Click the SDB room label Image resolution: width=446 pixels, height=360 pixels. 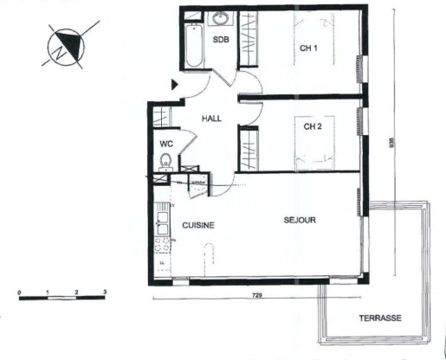click(220, 48)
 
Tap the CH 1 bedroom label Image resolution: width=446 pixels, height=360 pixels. click(309, 48)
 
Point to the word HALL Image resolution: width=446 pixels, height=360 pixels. click(212, 119)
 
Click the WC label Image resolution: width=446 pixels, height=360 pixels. click(166, 145)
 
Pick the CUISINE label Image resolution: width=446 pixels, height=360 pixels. click(197, 225)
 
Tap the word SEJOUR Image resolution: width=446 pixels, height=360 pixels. click(300, 220)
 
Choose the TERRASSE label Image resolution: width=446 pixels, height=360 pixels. click(379, 318)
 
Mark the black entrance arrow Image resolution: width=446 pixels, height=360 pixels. click(175, 84)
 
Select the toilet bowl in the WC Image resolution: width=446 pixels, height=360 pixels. click(165, 161)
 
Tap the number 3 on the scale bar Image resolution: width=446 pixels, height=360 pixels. click(105, 292)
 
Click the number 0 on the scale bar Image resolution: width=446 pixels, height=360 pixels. click(19, 292)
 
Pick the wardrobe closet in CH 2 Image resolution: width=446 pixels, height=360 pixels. click(249, 149)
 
